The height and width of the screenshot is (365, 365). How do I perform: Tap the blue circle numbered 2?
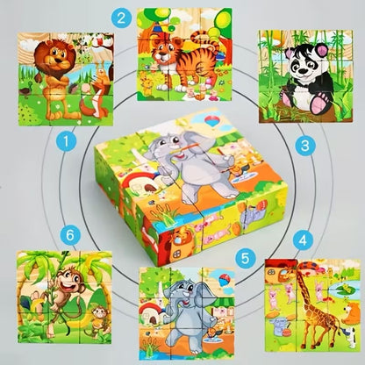point(146,16)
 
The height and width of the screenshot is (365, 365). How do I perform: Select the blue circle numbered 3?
point(305,146)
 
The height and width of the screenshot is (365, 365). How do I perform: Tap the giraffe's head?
point(320,279)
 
